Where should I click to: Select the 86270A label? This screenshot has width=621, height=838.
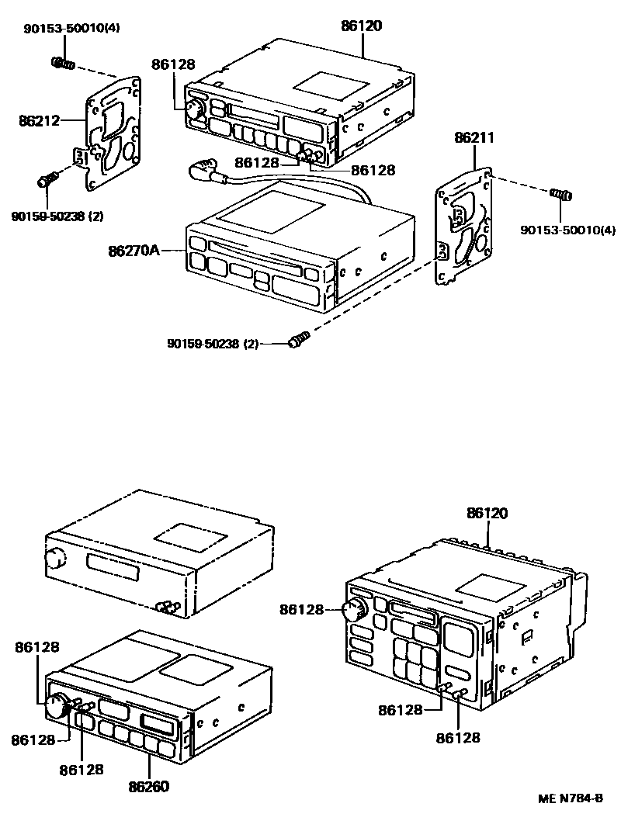[x=134, y=251]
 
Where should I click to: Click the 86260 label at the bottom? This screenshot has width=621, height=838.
[x=150, y=786]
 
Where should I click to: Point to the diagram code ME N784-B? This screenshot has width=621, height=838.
[x=571, y=798]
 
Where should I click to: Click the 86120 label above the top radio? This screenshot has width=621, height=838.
[x=362, y=26]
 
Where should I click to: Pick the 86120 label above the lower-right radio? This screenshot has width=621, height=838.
[x=487, y=513]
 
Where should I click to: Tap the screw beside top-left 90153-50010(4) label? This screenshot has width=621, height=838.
[x=63, y=63]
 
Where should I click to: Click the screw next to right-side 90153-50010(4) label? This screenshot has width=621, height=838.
[x=560, y=194]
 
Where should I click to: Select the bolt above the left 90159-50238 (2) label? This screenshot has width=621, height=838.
[x=47, y=180]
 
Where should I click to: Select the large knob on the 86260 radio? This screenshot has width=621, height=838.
[x=57, y=705]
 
